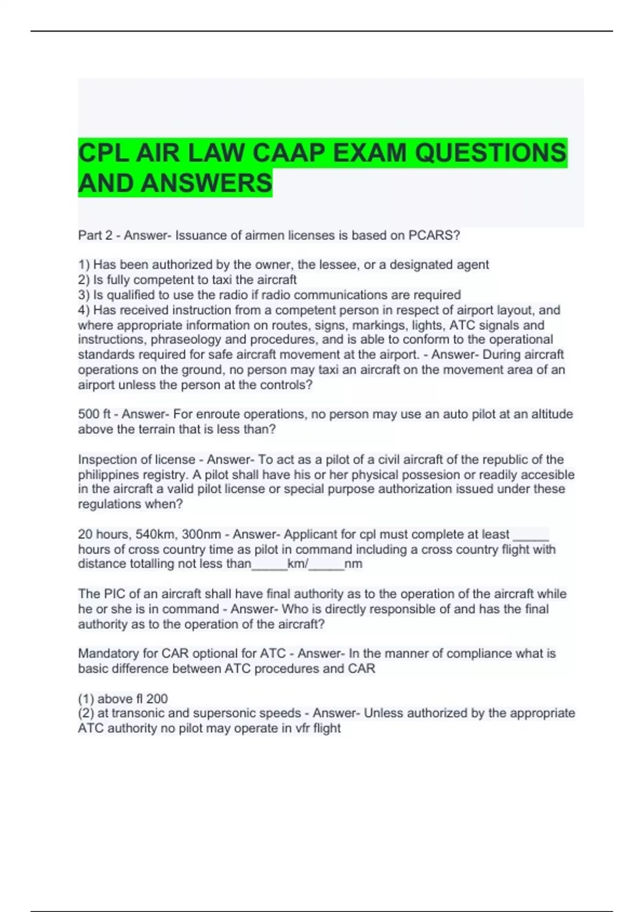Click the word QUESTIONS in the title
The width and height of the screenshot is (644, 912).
[x=491, y=153]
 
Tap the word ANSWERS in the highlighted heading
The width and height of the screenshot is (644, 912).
[x=207, y=183]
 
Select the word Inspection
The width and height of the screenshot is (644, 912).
[x=109, y=460]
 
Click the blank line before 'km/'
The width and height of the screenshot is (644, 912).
[x=269, y=564]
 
